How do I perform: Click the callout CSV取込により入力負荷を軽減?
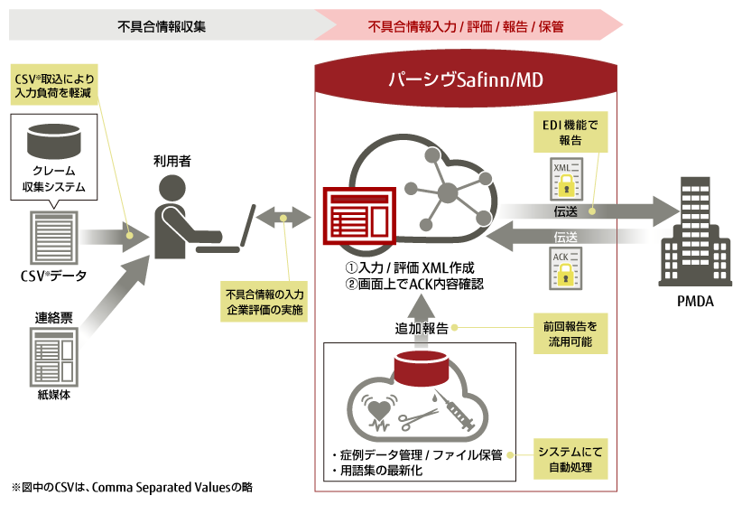(54, 87)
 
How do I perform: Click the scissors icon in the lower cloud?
(418, 417)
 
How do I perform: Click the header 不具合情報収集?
(162, 25)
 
